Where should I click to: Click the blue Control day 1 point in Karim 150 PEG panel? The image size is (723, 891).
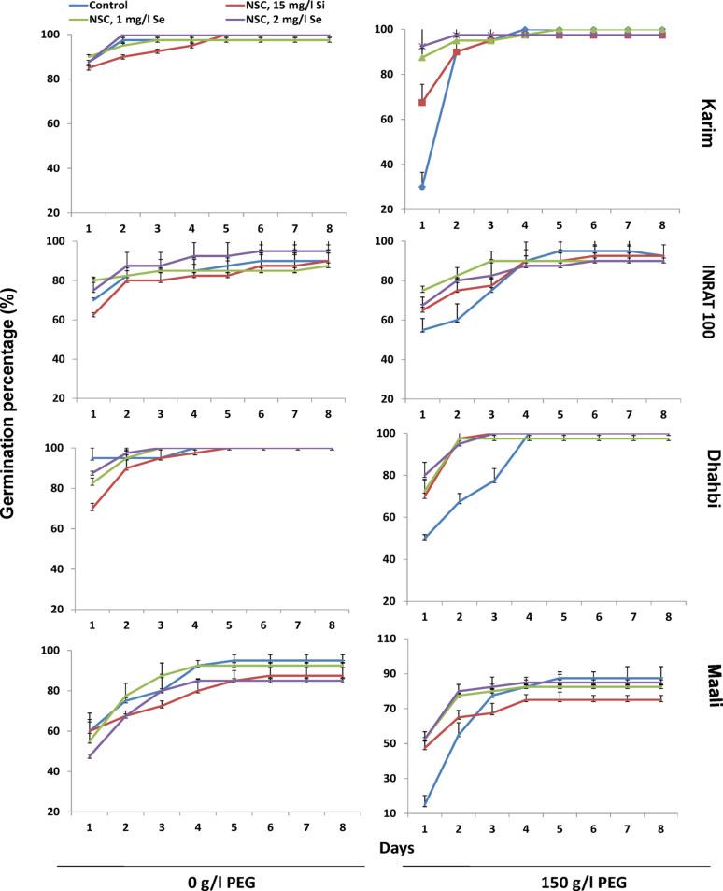422,187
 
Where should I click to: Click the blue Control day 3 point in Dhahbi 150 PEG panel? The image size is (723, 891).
492,481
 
